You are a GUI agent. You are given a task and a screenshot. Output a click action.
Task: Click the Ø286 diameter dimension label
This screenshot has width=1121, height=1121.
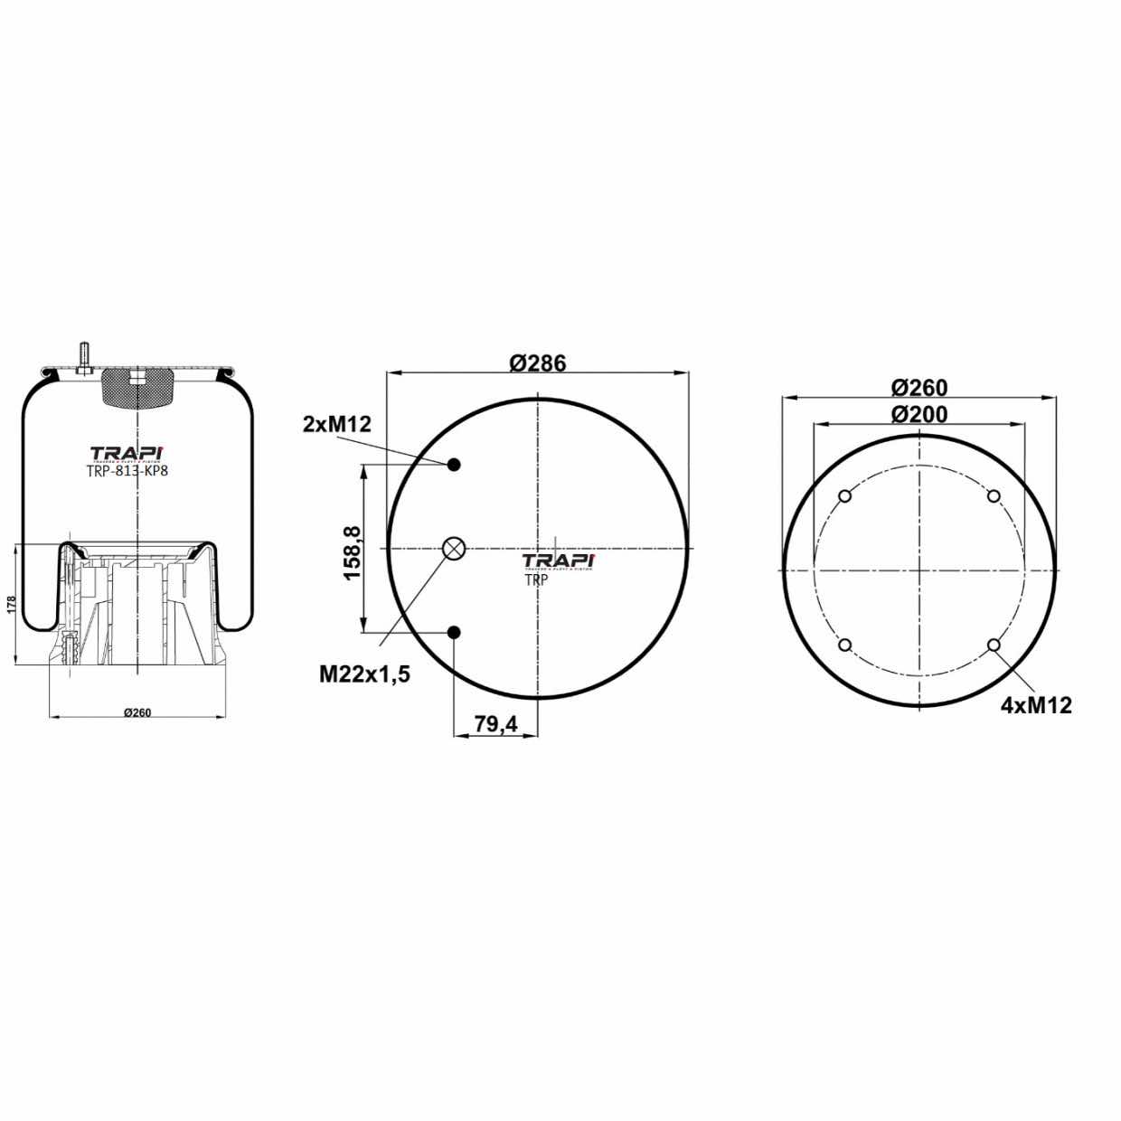coord(537,363)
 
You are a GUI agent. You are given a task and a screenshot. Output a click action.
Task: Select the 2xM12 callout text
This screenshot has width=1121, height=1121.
coord(337,424)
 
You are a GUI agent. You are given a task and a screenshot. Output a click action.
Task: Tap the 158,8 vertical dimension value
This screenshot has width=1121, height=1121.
coord(352,552)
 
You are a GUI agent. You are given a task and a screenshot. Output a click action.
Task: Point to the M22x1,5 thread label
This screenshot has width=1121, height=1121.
coord(364,674)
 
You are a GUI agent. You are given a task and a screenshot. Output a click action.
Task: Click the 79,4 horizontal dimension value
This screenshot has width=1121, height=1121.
coord(495,723)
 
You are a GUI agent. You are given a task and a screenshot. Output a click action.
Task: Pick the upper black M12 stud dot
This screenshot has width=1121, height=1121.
coord(454,465)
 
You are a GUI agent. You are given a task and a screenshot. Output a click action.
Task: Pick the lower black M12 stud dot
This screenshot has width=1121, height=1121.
coord(454,632)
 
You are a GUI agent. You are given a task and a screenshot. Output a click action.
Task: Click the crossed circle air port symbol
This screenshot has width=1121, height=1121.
coord(453,548)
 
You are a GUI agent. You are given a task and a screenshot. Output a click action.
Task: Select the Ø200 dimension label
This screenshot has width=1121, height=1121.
coord(918,414)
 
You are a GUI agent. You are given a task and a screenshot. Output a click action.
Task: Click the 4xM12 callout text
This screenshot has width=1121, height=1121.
coord(1036,705)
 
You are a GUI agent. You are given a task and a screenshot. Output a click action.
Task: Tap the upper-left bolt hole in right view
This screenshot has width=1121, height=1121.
coord(845,496)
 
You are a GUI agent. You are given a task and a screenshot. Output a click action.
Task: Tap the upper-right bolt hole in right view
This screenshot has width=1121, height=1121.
coord(994,496)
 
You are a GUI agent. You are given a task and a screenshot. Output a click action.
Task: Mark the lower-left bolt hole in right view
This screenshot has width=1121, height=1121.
coord(845,645)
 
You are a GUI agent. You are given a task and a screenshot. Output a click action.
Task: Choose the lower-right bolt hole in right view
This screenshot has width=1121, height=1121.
coord(994,645)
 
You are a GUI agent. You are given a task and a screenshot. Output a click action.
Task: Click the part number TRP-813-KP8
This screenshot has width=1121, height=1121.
coord(127,470)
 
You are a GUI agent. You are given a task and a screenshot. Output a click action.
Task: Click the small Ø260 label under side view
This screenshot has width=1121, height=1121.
coord(137,712)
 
